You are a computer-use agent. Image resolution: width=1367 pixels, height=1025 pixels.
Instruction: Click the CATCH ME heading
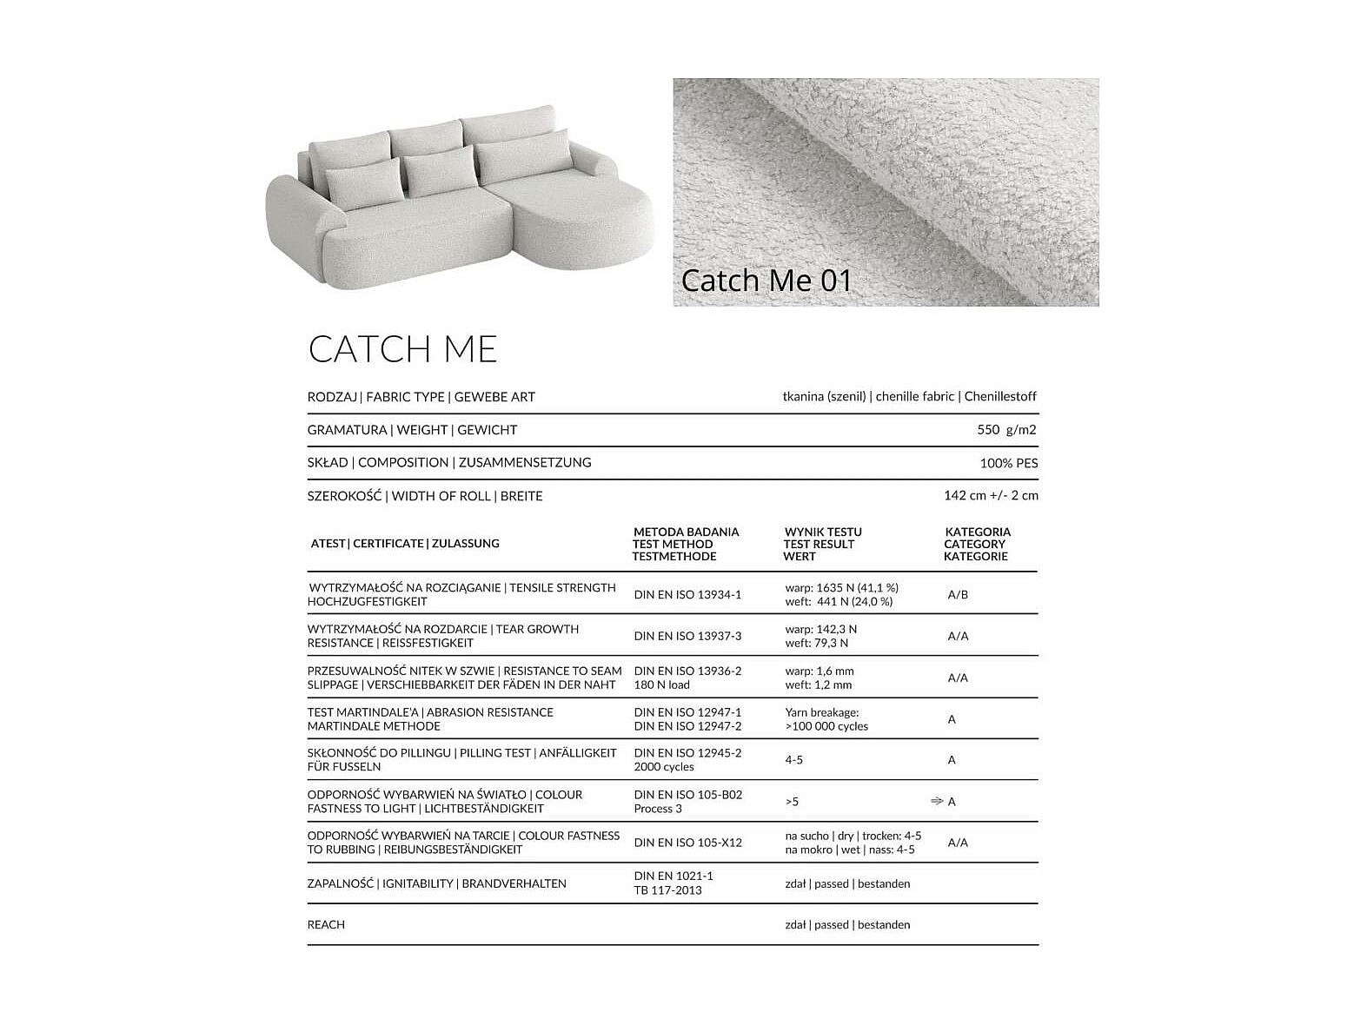click(402, 349)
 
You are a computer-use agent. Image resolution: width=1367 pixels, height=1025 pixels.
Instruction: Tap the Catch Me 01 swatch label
click(766, 281)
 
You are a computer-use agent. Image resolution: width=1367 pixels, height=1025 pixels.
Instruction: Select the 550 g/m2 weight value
click(1006, 430)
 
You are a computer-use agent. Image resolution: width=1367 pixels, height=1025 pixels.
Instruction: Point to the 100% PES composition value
click(1008, 463)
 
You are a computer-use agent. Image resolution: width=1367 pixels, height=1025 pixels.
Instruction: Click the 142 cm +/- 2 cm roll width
click(991, 496)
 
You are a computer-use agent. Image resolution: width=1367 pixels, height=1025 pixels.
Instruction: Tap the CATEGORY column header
click(976, 544)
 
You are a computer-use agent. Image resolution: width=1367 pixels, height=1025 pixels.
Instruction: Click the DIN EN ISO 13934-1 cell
click(687, 595)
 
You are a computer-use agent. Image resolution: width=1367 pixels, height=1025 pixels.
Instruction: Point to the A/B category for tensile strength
click(958, 595)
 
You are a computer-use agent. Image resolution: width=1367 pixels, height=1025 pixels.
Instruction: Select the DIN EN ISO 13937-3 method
click(687, 636)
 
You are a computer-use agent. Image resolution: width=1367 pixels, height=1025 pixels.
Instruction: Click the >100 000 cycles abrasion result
click(826, 726)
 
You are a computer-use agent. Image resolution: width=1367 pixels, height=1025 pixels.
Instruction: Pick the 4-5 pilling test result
click(794, 760)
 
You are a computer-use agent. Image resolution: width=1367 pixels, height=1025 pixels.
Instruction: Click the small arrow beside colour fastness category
click(937, 801)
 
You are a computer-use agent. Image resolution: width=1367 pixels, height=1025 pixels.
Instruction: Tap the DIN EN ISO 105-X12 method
click(687, 843)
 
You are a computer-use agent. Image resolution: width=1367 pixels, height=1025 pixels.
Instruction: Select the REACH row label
click(326, 925)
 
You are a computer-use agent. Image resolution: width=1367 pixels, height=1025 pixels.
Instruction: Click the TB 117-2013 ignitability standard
click(667, 890)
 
